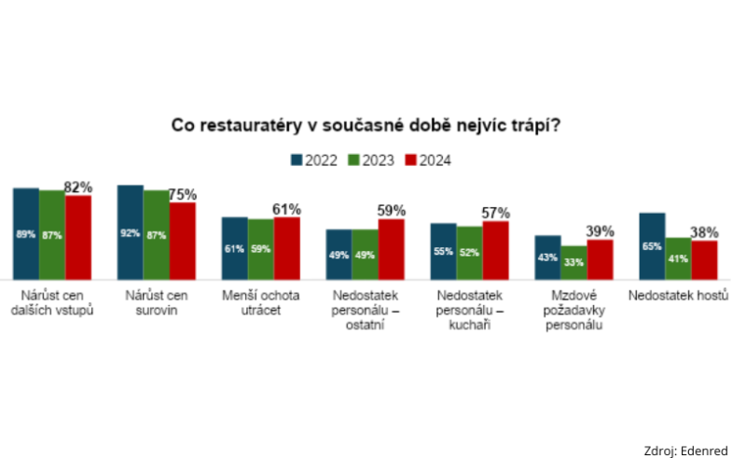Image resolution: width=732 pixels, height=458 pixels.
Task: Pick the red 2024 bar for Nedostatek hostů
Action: coord(704,259)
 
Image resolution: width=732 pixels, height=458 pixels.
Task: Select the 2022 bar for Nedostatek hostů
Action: coord(652,245)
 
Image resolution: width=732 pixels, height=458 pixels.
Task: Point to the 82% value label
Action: coord(78,187)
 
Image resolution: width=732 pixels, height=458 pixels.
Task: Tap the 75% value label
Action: coord(182,194)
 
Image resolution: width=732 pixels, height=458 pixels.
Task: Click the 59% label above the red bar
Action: coord(391,211)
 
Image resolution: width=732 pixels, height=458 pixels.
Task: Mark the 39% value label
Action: coord(600,231)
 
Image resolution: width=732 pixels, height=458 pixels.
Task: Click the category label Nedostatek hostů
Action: coord(678,296)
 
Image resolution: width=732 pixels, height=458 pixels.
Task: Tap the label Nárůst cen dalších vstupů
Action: coord(51,303)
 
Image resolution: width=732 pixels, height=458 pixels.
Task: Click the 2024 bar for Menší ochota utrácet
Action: coord(286,248)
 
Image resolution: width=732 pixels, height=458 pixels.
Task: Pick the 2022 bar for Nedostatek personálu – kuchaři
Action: coord(443,251)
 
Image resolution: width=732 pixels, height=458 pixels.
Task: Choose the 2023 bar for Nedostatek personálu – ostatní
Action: coord(365,254)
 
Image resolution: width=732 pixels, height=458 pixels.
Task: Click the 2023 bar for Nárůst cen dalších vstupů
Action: coord(52,234)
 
